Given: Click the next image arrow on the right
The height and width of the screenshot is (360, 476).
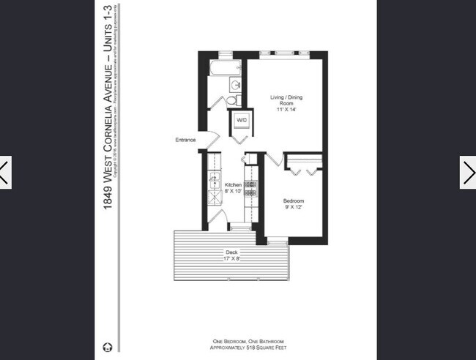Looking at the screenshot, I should [467, 173].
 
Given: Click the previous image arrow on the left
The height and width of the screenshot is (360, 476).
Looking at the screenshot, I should [6, 173].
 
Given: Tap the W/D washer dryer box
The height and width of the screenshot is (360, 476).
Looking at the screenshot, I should [241, 120].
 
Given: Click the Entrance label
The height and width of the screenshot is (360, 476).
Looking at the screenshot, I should [185, 140].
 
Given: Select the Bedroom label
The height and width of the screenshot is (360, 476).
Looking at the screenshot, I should [294, 200].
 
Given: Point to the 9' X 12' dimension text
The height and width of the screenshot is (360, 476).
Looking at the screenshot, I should [294, 207].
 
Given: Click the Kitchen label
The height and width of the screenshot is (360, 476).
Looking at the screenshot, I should [233, 184].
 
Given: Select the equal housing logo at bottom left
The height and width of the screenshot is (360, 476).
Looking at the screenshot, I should [108, 346].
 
